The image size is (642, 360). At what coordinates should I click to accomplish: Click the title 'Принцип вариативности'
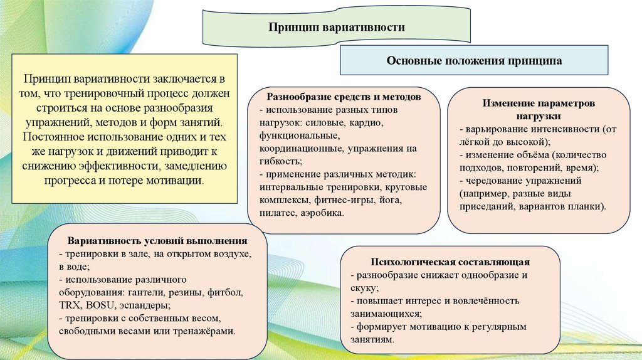tap(337, 28)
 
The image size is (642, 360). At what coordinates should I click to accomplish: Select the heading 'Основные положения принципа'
tap(474, 61)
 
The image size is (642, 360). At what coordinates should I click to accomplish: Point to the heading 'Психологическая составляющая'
tap(451, 262)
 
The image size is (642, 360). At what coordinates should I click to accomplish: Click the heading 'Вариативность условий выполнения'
tap(157, 241)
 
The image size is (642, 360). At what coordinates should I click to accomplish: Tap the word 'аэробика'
tap(321, 214)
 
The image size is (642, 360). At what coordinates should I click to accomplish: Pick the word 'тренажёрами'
tap(207, 331)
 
